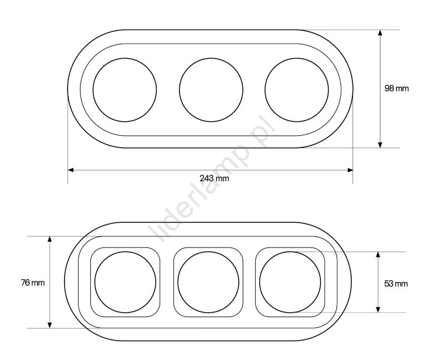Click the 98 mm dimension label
tap(397, 88)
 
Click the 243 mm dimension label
tap(214, 178)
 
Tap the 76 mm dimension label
tap(33, 283)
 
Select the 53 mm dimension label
tap(396, 284)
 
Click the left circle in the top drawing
tap(93, 90)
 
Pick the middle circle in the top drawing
tap(179, 90)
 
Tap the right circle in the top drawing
tap(265, 90)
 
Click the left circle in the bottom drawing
tap(95, 282)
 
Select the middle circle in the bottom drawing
tap(178, 282)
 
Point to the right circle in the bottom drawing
tap(260, 282)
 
